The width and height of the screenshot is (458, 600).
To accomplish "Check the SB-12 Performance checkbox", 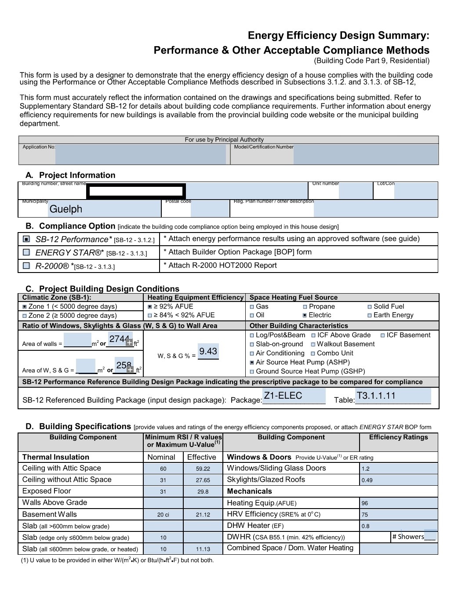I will (x=26, y=239).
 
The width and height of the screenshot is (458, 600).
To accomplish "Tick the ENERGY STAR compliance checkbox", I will (x=26, y=252).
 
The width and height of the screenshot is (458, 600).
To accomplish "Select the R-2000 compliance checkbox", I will (x=26, y=265).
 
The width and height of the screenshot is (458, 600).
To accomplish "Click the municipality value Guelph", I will (x=66, y=209).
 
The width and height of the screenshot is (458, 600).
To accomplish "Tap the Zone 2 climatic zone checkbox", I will (x=25, y=316).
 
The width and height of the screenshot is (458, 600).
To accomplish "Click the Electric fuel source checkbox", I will (x=305, y=315).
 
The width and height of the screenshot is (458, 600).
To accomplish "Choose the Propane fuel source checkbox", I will (x=305, y=307).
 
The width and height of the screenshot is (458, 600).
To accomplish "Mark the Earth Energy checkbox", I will (x=370, y=315).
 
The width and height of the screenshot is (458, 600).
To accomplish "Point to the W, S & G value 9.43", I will (x=208, y=351).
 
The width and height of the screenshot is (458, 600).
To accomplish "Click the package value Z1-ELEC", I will (x=283, y=396).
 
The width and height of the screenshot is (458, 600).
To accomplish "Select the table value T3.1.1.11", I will (x=376, y=396).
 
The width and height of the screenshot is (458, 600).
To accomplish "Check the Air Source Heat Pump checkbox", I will (x=252, y=363).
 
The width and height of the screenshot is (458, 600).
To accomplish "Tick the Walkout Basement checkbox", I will (x=313, y=345).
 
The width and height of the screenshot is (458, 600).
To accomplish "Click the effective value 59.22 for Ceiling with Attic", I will (x=203, y=469).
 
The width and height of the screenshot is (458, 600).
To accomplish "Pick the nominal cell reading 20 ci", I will (x=163, y=515).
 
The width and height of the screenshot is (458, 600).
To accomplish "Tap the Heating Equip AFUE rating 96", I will (x=365, y=503).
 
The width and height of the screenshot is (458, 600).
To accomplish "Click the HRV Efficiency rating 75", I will (x=365, y=515).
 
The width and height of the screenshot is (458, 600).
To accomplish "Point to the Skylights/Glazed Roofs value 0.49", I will (x=367, y=480).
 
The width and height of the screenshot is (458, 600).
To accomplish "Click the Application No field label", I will (x=39, y=147).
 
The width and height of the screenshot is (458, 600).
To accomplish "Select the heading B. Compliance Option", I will (x=70, y=226).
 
